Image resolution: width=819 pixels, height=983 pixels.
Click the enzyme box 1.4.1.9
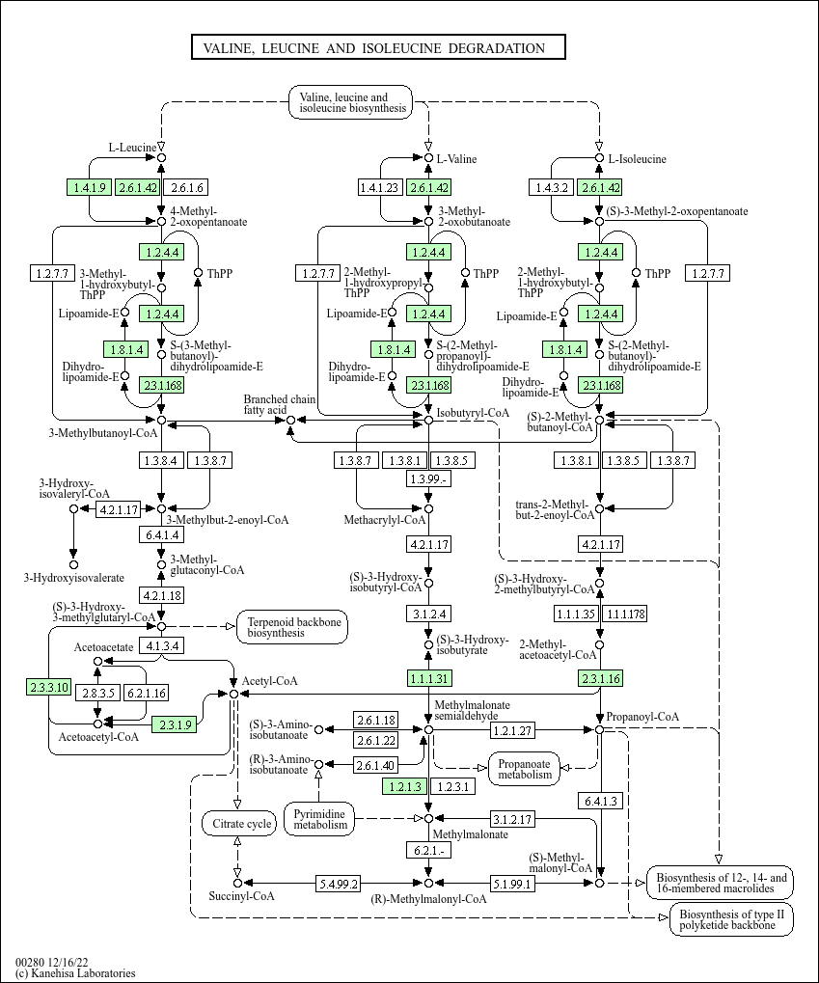point(89,187)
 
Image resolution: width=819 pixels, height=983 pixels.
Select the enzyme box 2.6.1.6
point(185,187)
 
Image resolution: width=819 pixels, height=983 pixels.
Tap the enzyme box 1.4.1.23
point(379,187)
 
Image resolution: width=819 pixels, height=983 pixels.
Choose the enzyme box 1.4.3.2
point(551,187)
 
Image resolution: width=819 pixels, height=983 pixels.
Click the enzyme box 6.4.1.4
point(162,534)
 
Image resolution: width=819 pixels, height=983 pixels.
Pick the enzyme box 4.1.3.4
point(162,645)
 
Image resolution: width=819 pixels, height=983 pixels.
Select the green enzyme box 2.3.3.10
point(48,687)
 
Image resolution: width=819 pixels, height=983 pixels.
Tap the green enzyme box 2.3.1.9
point(175,724)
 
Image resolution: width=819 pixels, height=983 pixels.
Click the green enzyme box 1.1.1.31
point(429,678)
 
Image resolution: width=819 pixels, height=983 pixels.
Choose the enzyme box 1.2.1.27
point(512,729)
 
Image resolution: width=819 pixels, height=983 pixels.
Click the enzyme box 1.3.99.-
point(429,478)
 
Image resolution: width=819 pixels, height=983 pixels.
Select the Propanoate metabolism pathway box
point(524,769)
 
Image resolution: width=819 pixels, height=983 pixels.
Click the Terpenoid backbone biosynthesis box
point(292,627)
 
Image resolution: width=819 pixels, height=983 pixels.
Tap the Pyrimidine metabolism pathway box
point(320,819)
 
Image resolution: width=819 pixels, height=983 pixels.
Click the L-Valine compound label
point(456,158)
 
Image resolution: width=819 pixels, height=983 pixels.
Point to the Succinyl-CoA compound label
point(241,896)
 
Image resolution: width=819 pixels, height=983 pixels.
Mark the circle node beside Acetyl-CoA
point(233,694)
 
